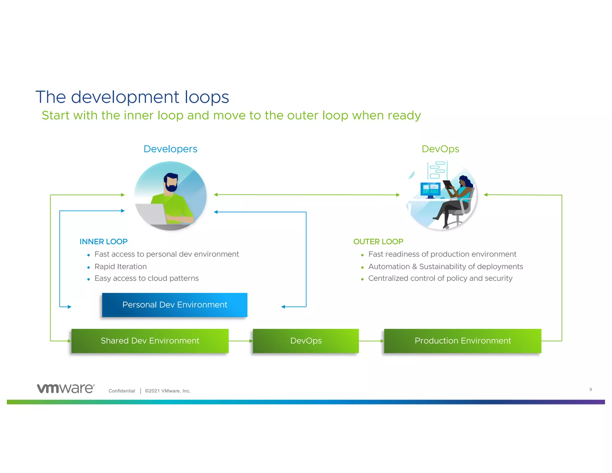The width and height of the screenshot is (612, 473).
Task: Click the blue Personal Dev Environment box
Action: pos(175,305)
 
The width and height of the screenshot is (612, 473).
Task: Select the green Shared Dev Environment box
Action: pos(150,341)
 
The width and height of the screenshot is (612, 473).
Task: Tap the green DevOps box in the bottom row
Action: pos(306,341)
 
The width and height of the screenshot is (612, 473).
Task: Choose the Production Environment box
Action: pos(463,341)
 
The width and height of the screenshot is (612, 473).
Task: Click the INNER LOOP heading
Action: pos(103,241)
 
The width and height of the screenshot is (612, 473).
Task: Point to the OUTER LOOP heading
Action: pos(378,241)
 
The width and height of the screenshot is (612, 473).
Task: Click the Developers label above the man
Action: pos(170,149)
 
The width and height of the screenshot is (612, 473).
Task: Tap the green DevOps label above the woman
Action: pos(440,149)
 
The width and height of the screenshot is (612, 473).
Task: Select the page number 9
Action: pos(590,389)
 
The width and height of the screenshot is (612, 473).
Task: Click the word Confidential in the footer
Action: pos(122,391)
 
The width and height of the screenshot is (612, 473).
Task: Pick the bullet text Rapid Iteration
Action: pos(120,266)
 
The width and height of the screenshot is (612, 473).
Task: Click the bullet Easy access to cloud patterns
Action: pos(146,278)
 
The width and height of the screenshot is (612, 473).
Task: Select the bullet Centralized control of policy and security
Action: pos(440,278)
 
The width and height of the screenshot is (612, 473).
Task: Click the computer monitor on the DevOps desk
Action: pos(430,189)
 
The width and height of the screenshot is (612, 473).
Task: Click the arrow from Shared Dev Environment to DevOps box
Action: pos(241,341)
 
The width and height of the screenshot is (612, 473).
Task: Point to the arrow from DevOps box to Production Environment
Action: pos(371,341)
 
